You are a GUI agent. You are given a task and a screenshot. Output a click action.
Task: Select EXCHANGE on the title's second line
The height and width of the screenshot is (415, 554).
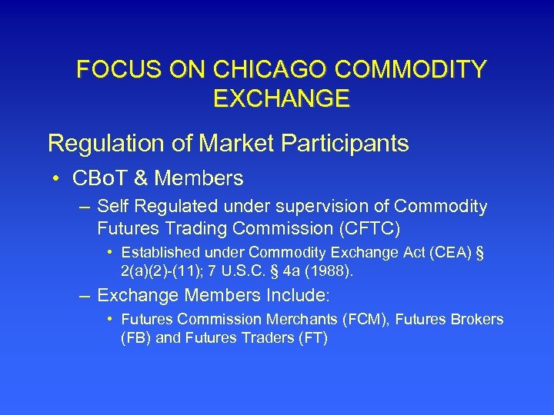280,98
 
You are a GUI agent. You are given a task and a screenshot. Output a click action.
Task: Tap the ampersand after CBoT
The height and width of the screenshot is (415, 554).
142,179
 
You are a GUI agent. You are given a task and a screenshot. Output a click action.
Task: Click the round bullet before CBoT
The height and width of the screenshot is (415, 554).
58,180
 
